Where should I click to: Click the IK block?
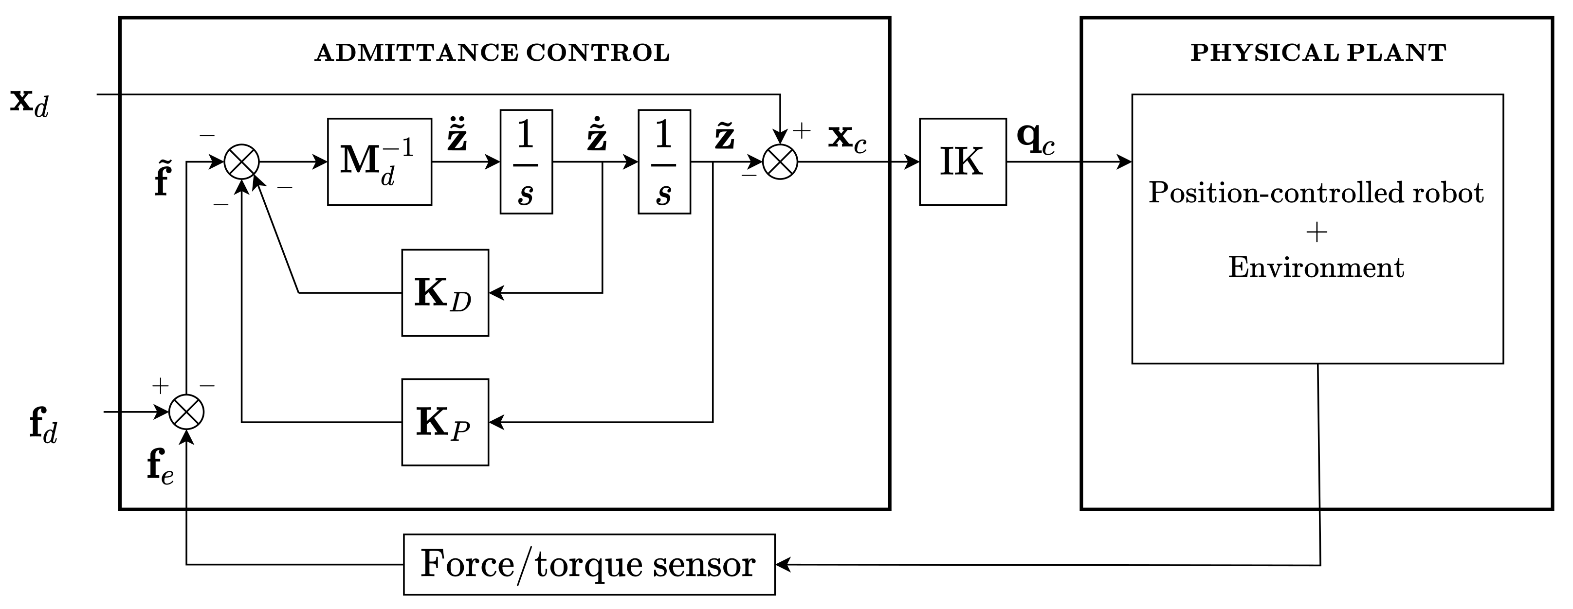pos(962,161)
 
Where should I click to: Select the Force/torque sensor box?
pos(588,564)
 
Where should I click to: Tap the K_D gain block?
pos(444,293)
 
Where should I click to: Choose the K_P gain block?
pos(444,422)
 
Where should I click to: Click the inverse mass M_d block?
pos(379,161)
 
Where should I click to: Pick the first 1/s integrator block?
pos(526,161)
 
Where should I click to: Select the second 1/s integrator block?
pos(664,161)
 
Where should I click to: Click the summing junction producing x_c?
pos(780,161)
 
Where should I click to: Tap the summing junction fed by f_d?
pos(186,412)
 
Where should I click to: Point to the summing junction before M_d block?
pos(242,161)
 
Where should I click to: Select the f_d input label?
pos(43,425)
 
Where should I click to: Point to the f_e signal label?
pos(160,467)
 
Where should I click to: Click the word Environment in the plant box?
pos(1316,267)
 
